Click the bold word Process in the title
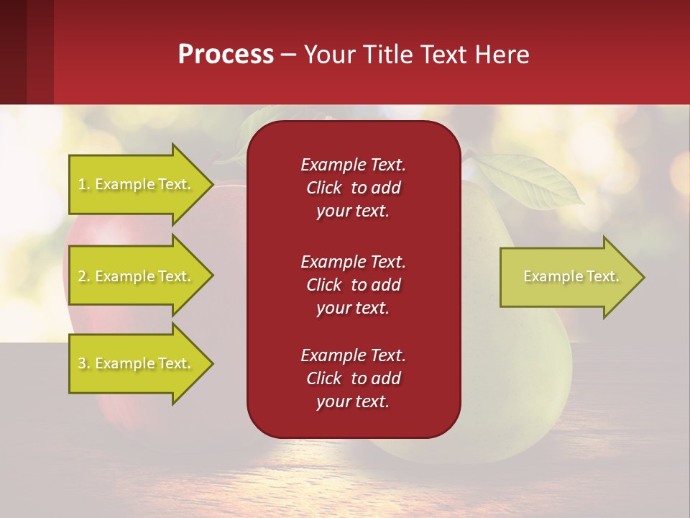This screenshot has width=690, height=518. point(226,55)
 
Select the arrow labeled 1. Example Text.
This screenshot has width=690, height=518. point(136,184)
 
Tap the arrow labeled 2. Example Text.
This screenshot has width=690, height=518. point(136,276)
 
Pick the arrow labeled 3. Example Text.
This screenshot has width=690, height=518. point(136,363)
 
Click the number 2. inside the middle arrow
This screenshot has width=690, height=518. point(84,276)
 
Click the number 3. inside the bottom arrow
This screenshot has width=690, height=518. point(84,363)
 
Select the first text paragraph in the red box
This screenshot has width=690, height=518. point(353,188)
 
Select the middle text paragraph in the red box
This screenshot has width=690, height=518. point(353,285)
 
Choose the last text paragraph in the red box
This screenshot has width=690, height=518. point(353,378)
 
